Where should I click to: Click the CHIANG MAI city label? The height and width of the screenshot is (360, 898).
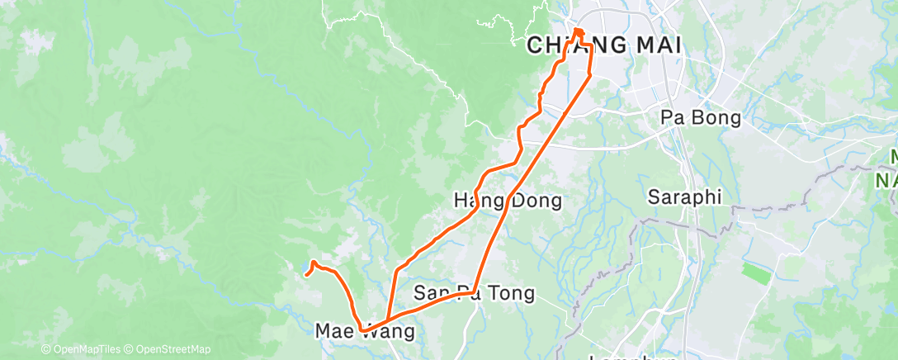click(604, 46)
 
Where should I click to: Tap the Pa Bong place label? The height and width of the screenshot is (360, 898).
click(701, 118)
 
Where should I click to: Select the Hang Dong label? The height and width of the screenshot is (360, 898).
click(508, 200)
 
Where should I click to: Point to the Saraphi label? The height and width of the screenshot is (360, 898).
click(684, 197)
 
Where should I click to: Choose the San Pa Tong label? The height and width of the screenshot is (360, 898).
click(474, 292)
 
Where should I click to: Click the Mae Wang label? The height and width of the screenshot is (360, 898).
click(365, 332)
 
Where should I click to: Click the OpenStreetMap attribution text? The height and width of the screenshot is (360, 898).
click(169, 350)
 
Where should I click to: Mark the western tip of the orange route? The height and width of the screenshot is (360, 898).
click(306, 274)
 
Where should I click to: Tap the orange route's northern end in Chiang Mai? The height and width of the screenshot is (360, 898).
click(578, 32)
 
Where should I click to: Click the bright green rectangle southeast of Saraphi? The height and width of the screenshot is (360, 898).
click(756, 273)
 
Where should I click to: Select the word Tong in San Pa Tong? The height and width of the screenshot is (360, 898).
click(513, 292)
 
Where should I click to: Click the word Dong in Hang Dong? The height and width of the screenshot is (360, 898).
click(536, 200)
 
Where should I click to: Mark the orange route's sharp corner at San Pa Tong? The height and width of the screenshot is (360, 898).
click(474, 291)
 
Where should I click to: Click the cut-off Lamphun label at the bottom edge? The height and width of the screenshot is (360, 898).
click(633, 357)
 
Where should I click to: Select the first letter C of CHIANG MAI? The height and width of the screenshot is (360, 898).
click(535, 46)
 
